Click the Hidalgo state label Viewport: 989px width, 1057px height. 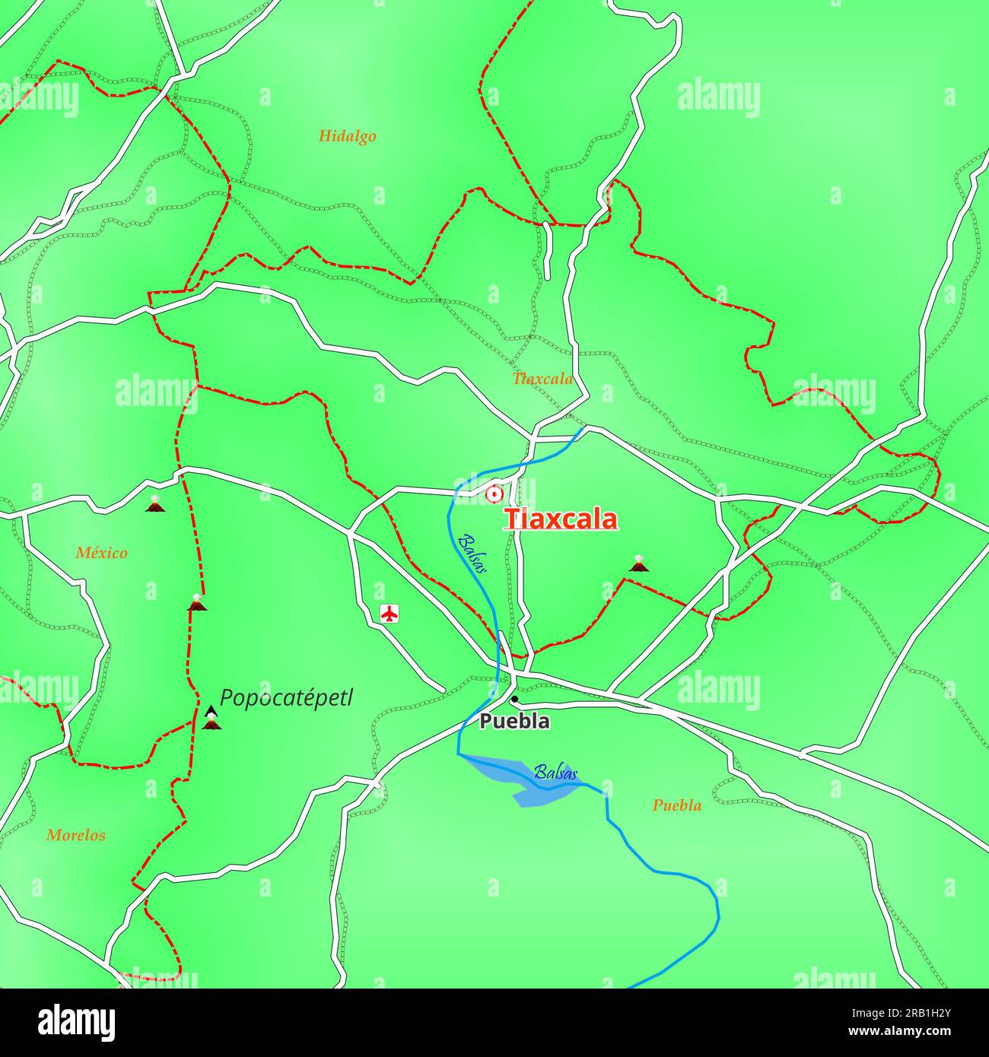coord(347,137)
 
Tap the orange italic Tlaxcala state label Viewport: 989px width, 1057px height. coord(542,379)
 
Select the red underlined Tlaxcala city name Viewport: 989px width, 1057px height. coord(561,519)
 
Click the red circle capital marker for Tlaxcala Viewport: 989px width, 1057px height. coord(494,495)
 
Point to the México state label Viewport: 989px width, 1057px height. coord(101,553)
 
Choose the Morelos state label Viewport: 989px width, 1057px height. coord(76,835)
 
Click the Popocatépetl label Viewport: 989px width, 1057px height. coord(286,698)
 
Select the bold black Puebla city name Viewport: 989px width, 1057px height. coord(514,722)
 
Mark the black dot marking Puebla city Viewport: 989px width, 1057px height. coord(514,699)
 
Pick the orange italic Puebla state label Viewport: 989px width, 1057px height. coord(677,805)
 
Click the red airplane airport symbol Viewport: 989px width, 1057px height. coord(390,613)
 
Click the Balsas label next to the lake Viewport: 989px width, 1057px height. coord(555,773)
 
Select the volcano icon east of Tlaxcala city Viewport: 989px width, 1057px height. coord(638,563)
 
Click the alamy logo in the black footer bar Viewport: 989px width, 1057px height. coord(78,1021)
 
